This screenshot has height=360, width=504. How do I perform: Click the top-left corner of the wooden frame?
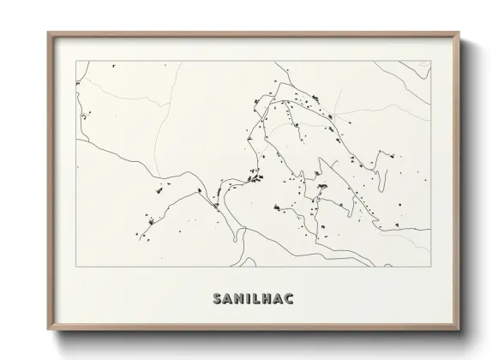48,33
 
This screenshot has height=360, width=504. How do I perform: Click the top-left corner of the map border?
76,60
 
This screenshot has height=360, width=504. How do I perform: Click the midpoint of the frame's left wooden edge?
49,182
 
